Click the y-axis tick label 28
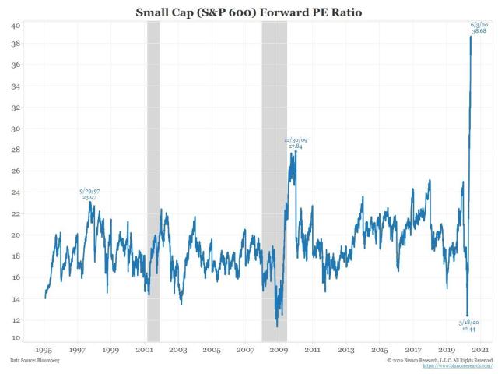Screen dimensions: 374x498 pyautogui.click(x=14, y=150)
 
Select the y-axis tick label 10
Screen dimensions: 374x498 pyautogui.click(x=14, y=338)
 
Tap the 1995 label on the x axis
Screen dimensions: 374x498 pyautogui.click(x=44, y=351)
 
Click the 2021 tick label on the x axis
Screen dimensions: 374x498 pyautogui.click(x=480, y=351)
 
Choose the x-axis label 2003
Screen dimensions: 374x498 pyautogui.click(x=178, y=351)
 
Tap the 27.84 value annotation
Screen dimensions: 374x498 pyautogui.click(x=295, y=146)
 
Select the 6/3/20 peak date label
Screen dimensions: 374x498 pyautogui.click(x=480, y=25)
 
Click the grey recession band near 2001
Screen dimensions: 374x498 pyautogui.click(x=153, y=179)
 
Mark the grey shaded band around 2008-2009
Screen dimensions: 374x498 pyautogui.click(x=274, y=179)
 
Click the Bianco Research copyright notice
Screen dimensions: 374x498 pyautogui.click(x=440, y=360)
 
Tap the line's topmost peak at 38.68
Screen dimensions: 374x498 pyautogui.click(x=471, y=37)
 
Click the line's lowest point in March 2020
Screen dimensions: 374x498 pyautogui.click(x=467, y=313)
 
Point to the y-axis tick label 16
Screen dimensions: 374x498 pyautogui.click(x=14, y=276)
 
